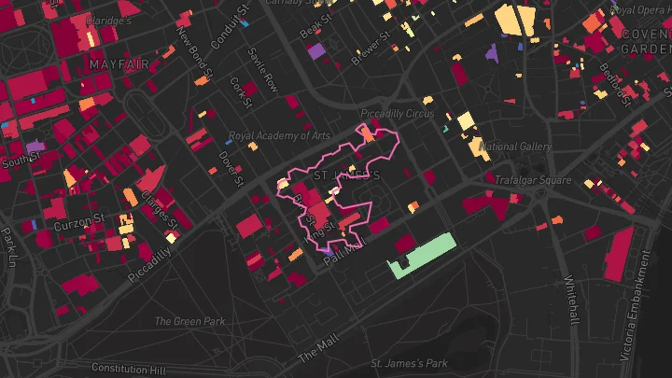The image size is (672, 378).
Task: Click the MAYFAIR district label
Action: (x=119, y=63)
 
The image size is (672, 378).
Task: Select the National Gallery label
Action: (x=514, y=147)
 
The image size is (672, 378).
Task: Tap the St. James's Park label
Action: (x=410, y=363)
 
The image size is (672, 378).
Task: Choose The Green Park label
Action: (x=190, y=322)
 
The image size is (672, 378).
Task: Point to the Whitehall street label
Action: (x=571, y=301)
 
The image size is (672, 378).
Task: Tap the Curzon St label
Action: (x=77, y=225)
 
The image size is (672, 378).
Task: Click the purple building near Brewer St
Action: (x=316, y=50)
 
